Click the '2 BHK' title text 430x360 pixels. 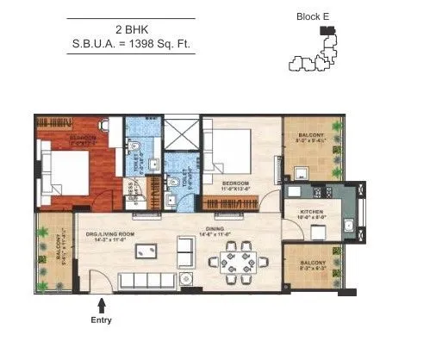coord(132,28)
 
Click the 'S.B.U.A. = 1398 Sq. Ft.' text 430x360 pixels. coord(132,43)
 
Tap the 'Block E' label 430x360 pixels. coord(315,16)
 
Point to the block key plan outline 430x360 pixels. coord(315,55)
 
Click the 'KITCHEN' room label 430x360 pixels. coord(311,211)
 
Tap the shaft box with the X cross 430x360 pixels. coord(183,136)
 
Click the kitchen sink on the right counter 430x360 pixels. coord(348,227)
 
